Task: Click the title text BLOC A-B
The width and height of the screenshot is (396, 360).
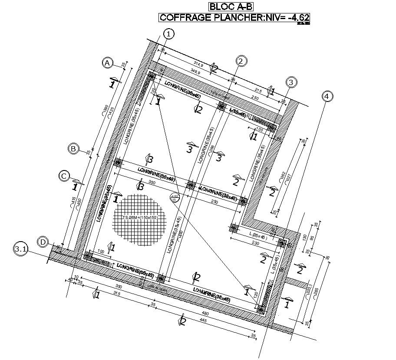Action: tap(230, 7)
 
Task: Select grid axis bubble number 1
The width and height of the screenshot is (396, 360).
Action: tap(168, 34)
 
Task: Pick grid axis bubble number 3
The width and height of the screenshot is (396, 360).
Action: tap(291, 82)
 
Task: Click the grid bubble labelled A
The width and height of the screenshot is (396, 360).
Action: tap(108, 63)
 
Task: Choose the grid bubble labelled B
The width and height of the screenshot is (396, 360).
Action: tap(74, 149)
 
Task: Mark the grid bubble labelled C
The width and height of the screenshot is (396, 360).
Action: tap(64, 176)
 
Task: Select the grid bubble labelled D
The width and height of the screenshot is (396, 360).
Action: tap(43, 242)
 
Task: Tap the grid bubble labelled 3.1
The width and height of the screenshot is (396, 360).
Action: tap(20, 249)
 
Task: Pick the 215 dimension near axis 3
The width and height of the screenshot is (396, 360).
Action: tap(258, 89)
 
